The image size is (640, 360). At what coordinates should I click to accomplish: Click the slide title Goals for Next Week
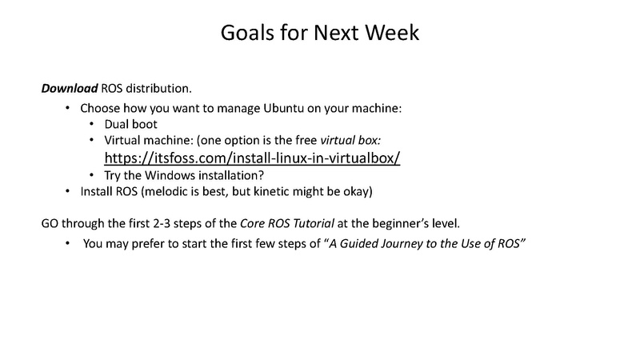(320, 33)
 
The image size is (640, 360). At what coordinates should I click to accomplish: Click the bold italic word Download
(70, 88)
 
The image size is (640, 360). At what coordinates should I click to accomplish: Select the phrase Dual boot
(130, 124)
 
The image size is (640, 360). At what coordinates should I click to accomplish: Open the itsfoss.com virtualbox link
(252, 158)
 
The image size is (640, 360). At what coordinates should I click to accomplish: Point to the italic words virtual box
(350, 140)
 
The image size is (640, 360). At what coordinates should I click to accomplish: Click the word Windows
(170, 175)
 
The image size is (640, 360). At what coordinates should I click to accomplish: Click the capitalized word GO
(50, 224)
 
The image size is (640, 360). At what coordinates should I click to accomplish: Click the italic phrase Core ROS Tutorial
(287, 224)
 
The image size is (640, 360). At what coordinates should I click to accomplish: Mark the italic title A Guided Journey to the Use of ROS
(425, 244)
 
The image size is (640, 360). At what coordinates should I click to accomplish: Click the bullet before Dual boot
(92, 124)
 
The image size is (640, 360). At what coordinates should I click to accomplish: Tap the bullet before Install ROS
(68, 191)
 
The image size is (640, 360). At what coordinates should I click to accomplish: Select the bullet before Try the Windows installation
(92, 175)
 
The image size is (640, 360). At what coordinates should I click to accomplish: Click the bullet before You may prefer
(68, 243)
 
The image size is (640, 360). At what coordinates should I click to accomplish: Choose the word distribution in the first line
(158, 88)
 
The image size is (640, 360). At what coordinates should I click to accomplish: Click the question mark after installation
(262, 175)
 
